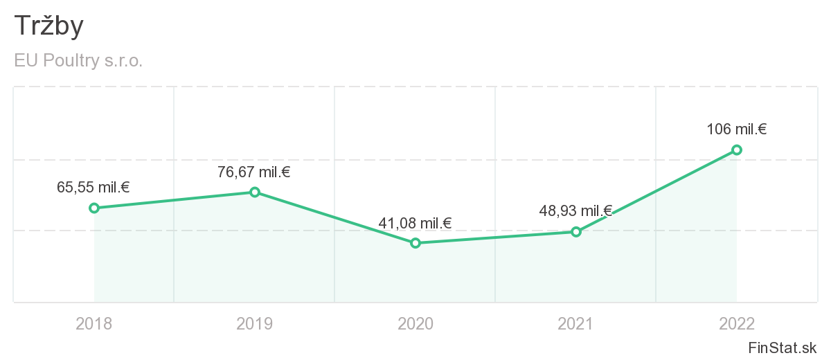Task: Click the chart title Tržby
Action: click(x=48, y=26)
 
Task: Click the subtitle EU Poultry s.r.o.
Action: click(x=78, y=61)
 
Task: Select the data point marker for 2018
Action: click(x=94, y=208)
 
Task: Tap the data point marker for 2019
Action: click(x=255, y=192)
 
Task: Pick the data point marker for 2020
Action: click(x=415, y=243)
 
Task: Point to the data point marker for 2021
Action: click(x=576, y=231)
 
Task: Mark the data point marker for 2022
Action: click(x=737, y=150)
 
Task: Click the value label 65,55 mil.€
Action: click(x=93, y=187)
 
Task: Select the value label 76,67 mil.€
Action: click(x=254, y=172)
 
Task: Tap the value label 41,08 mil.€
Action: click(x=415, y=223)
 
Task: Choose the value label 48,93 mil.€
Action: click(x=575, y=211)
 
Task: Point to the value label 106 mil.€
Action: click(x=736, y=129)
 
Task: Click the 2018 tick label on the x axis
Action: click(x=94, y=323)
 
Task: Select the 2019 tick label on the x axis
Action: click(x=255, y=323)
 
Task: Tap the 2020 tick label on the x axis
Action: click(x=415, y=323)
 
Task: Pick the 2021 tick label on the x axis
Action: click(x=576, y=323)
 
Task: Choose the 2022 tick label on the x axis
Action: click(x=737, y=323)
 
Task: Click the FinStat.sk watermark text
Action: click(x=783, y=348)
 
